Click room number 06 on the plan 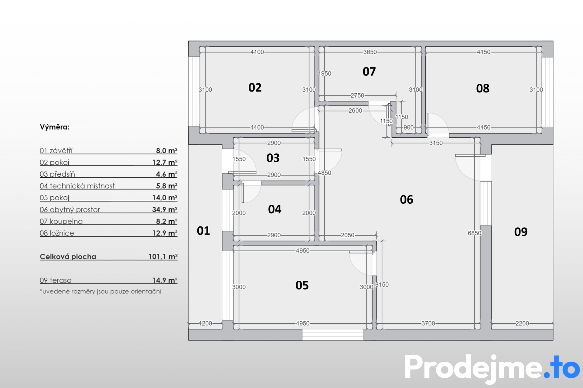point(407,199)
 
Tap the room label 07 point(369,72)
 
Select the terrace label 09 point(521,232)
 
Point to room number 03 point(273,158)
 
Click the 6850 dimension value point(475,233)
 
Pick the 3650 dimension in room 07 point(370,52)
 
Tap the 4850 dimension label point(324,173)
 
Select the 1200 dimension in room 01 point(205,323)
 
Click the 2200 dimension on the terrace point(522,323)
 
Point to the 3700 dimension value point(428,323)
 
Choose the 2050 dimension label point(348,235)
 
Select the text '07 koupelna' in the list point(61,221)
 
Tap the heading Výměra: point(55,127)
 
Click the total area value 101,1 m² point(163,257)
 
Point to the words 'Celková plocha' point(68,257)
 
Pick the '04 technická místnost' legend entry point(77,186)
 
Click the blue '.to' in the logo point(562,367)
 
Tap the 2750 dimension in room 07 point(357,95)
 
